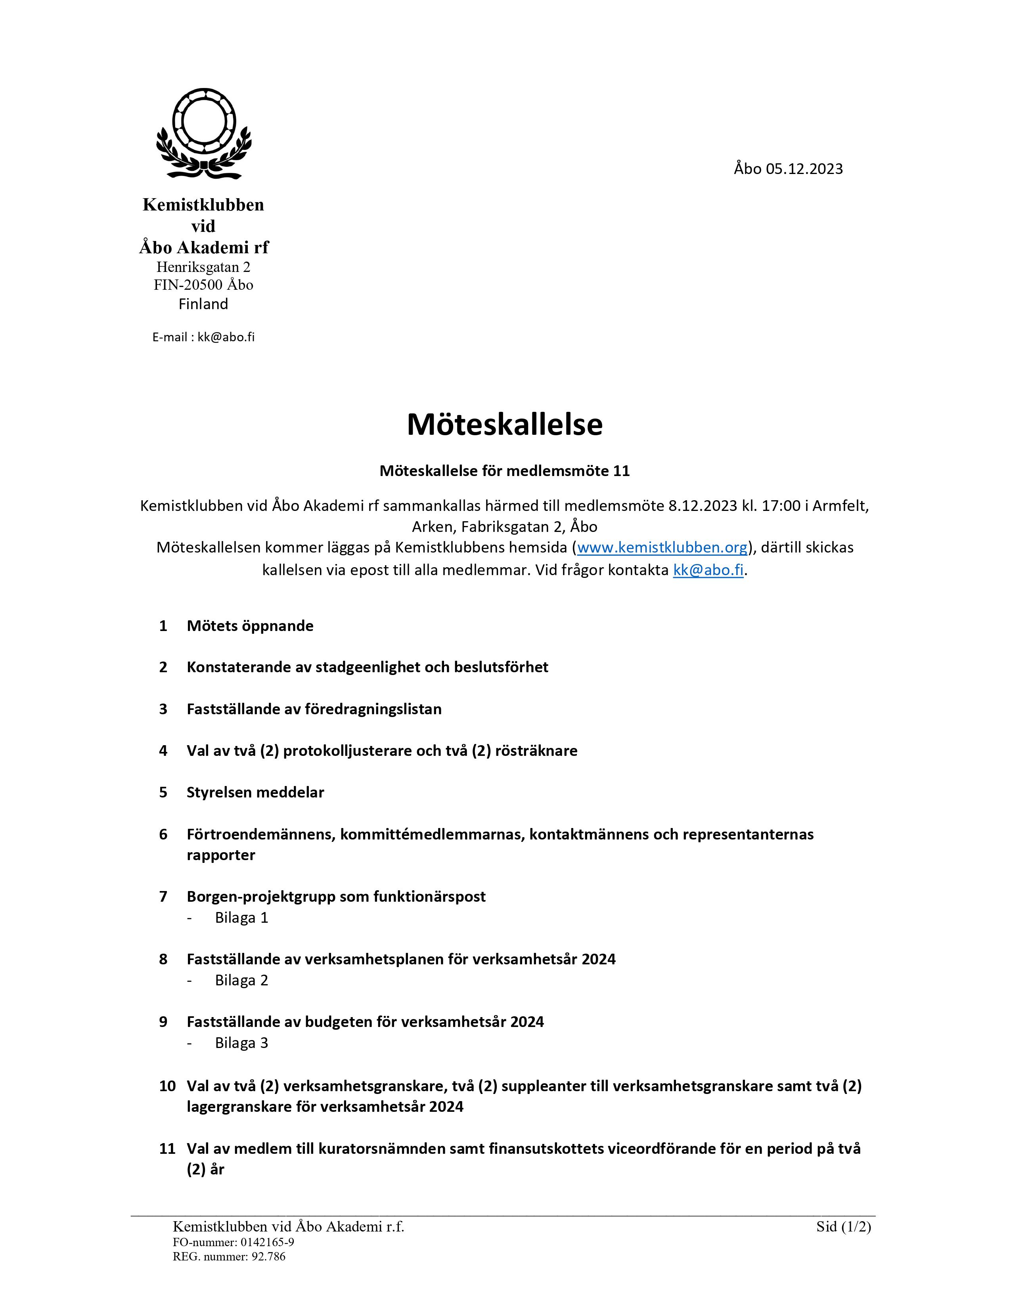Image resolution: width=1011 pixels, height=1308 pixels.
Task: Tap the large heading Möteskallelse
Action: click(504, 424)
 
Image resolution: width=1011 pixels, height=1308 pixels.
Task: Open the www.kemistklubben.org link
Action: click(662, 547)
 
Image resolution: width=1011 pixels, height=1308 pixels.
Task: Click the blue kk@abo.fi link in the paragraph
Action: click(708, 570)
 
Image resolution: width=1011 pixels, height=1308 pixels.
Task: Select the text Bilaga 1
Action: click(241, 918)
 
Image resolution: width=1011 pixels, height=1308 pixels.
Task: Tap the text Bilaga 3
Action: click(241, 1043)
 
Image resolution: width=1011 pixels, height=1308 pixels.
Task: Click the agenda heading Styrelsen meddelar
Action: click(255, 792)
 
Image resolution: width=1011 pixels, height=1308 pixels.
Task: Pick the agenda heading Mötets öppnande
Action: click(250, 626)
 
